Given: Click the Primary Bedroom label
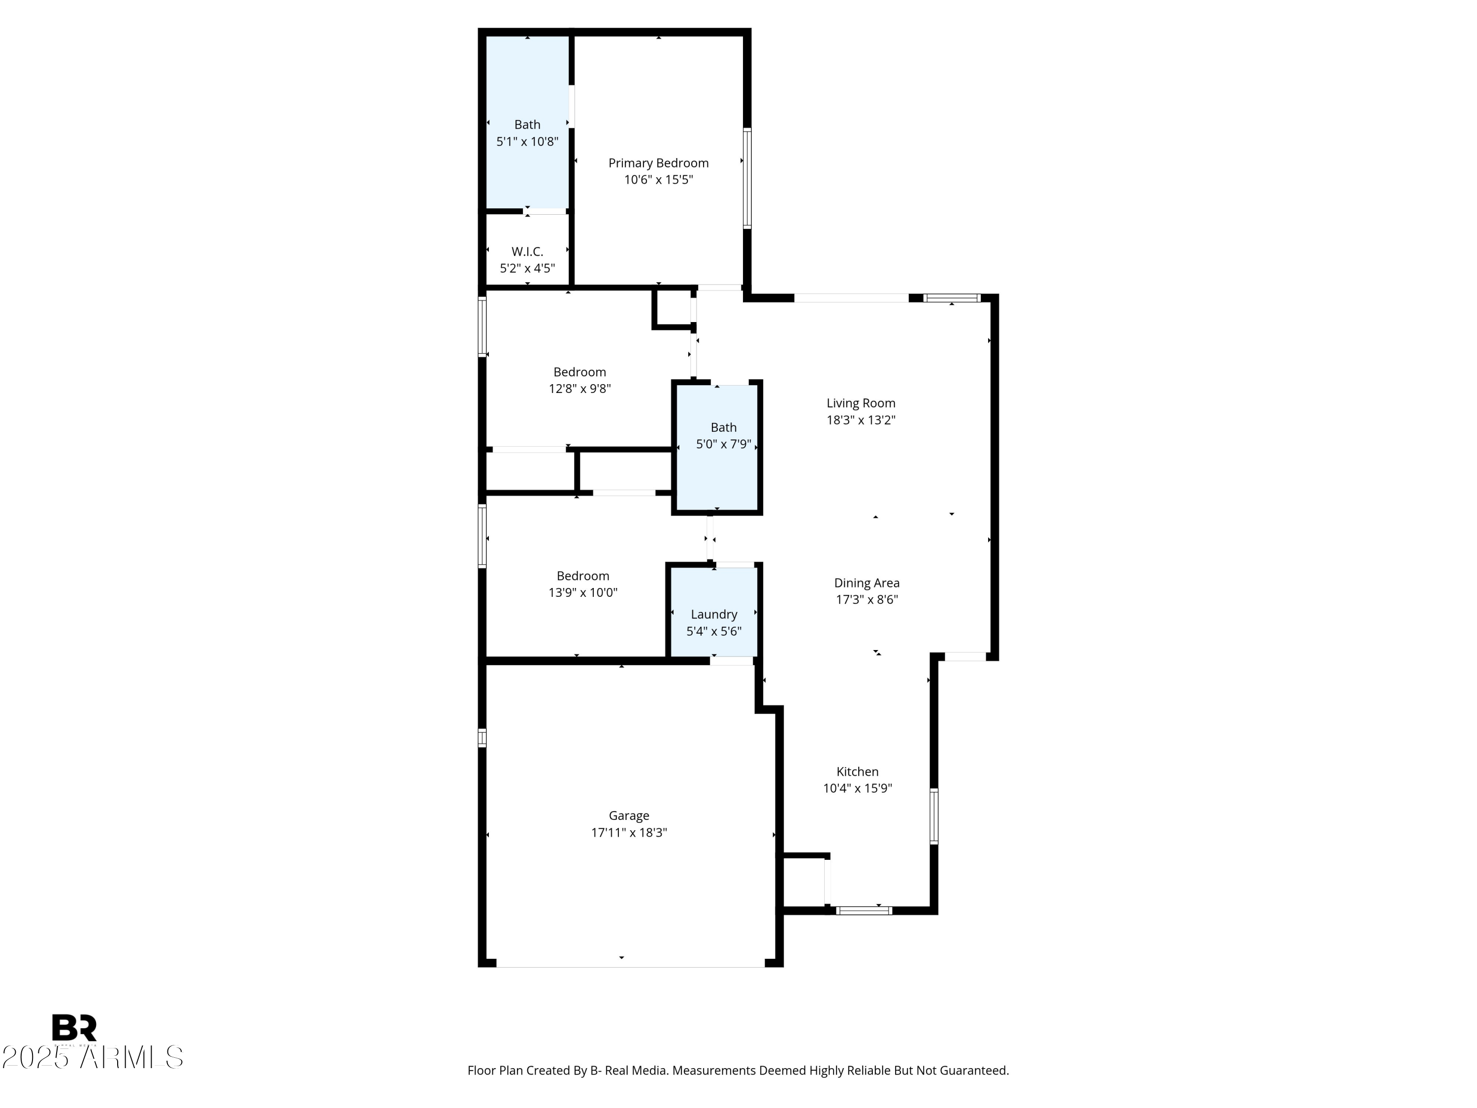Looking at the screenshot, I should [658, 163].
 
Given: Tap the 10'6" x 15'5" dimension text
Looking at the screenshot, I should [658, 180].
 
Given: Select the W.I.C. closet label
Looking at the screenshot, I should [527, 252].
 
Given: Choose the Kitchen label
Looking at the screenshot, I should [857, 771].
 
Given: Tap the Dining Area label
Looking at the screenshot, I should [866, 583].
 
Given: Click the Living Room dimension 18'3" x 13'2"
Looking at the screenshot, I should [860, 420].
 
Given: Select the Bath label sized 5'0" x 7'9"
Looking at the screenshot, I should [723, 427].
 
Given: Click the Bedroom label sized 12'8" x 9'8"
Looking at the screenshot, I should [579, 372].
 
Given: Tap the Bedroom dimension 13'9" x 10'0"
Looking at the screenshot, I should [582, 592].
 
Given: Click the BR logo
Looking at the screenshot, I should [74, 1028].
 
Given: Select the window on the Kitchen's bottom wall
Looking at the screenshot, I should [864, 911].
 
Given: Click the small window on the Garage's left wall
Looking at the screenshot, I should [482, 738].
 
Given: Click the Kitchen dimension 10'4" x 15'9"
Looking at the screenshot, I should [857, 788].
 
